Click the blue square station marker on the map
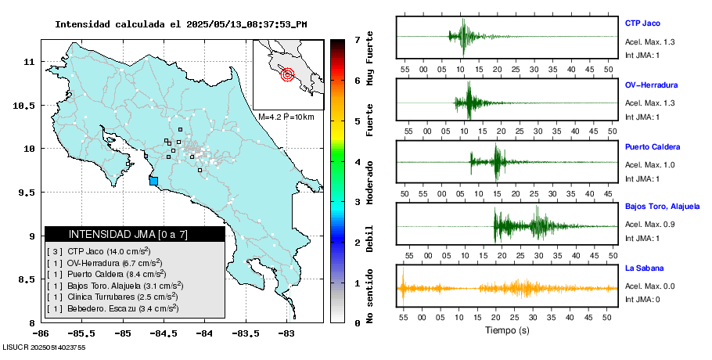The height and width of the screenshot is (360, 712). coord(153,181)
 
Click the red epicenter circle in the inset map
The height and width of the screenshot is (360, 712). coord(287,75)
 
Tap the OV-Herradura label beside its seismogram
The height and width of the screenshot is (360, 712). coord(651,85)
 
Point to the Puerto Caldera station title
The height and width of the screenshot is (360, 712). coord(653,147)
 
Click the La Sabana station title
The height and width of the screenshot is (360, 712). coord(645,268)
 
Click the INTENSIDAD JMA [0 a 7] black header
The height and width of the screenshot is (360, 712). coord(135,234)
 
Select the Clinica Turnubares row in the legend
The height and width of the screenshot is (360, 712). coord(117,297)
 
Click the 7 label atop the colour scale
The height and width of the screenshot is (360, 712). coord(356,39)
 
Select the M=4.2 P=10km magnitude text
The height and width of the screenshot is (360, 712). coord(286,117)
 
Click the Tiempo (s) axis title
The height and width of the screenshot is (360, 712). coord(508,330)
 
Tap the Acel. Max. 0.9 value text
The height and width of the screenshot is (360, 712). coord(648,225)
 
